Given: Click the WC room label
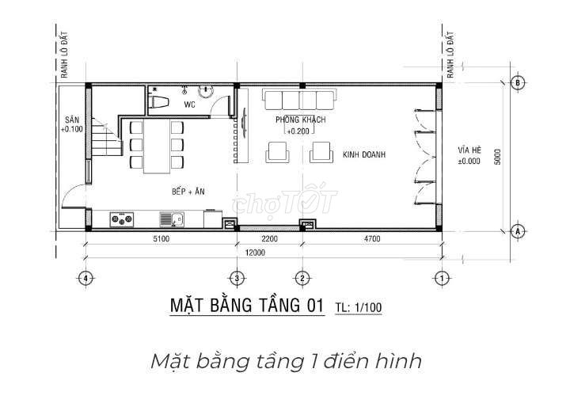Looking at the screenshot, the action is point(189,105).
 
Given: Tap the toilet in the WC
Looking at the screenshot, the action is point(158,101).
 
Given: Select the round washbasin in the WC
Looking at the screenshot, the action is point(206,90).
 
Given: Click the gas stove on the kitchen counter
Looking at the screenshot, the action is point(122,219).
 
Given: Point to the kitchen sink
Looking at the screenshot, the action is point(172,219).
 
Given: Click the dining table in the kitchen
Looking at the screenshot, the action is point(157,146).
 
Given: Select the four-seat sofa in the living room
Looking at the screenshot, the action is point(299,100).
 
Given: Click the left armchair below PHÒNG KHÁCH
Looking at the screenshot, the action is point(278,152).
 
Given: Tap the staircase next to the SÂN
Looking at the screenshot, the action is point(104,136).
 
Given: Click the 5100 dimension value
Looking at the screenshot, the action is point(161,238).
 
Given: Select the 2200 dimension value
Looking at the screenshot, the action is point(269,238).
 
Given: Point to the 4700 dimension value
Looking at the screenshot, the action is point(372,238).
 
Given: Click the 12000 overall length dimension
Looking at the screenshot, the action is point(255,253).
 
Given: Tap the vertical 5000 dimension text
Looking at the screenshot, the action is point(498,157).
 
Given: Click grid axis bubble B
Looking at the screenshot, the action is point(518,82).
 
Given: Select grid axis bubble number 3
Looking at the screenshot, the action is point(237,279).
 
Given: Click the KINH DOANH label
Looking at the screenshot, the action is point(364,154).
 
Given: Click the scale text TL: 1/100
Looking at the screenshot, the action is point(359,307).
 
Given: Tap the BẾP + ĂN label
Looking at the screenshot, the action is point(188,192).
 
